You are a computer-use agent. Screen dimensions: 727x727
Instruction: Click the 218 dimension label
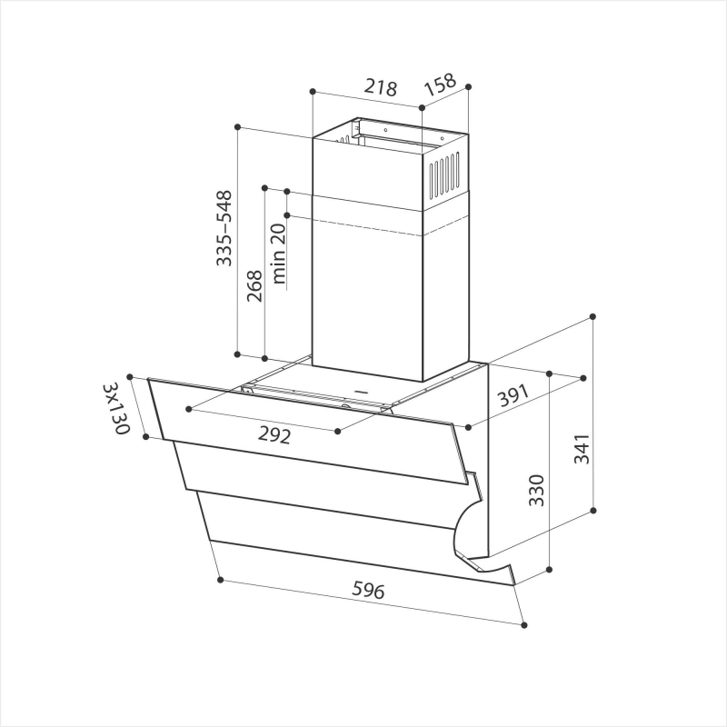(380, 87)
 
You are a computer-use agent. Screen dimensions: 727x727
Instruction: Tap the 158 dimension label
(441, 85)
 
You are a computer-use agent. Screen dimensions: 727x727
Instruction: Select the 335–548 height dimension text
(224, 228)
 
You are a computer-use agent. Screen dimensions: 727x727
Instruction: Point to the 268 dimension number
(254, 286)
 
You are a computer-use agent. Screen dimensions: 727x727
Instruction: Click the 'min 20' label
(278, 254)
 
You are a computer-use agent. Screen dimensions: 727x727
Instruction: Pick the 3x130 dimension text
(116, 408)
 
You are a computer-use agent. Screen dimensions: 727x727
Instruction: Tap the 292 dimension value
(274, 435)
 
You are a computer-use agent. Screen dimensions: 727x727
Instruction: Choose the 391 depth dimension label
(513, 395)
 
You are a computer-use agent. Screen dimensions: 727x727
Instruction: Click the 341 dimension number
(582, 449)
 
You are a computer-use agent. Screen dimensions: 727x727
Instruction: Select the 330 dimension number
(536, 490)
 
